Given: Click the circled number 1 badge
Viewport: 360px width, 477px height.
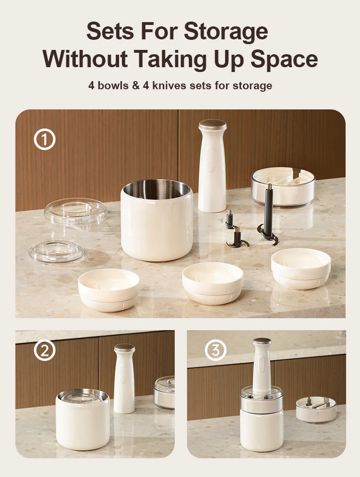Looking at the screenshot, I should click(x=45, y=140).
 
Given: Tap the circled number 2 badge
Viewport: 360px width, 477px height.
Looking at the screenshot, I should click(x=45, y=351).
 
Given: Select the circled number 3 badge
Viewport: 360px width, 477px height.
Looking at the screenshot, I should click(x=216, y=351).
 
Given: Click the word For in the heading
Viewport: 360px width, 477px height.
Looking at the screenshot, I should click(x=156, y=32).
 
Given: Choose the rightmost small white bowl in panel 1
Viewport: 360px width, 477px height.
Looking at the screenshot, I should click(x=301, y=268).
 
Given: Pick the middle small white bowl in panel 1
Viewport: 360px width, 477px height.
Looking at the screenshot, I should click(x=213, y=283).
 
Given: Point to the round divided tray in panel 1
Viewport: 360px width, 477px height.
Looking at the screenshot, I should click(x=283, y=186).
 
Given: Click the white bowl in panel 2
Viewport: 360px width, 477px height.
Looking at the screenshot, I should click(x=83, y=419).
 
